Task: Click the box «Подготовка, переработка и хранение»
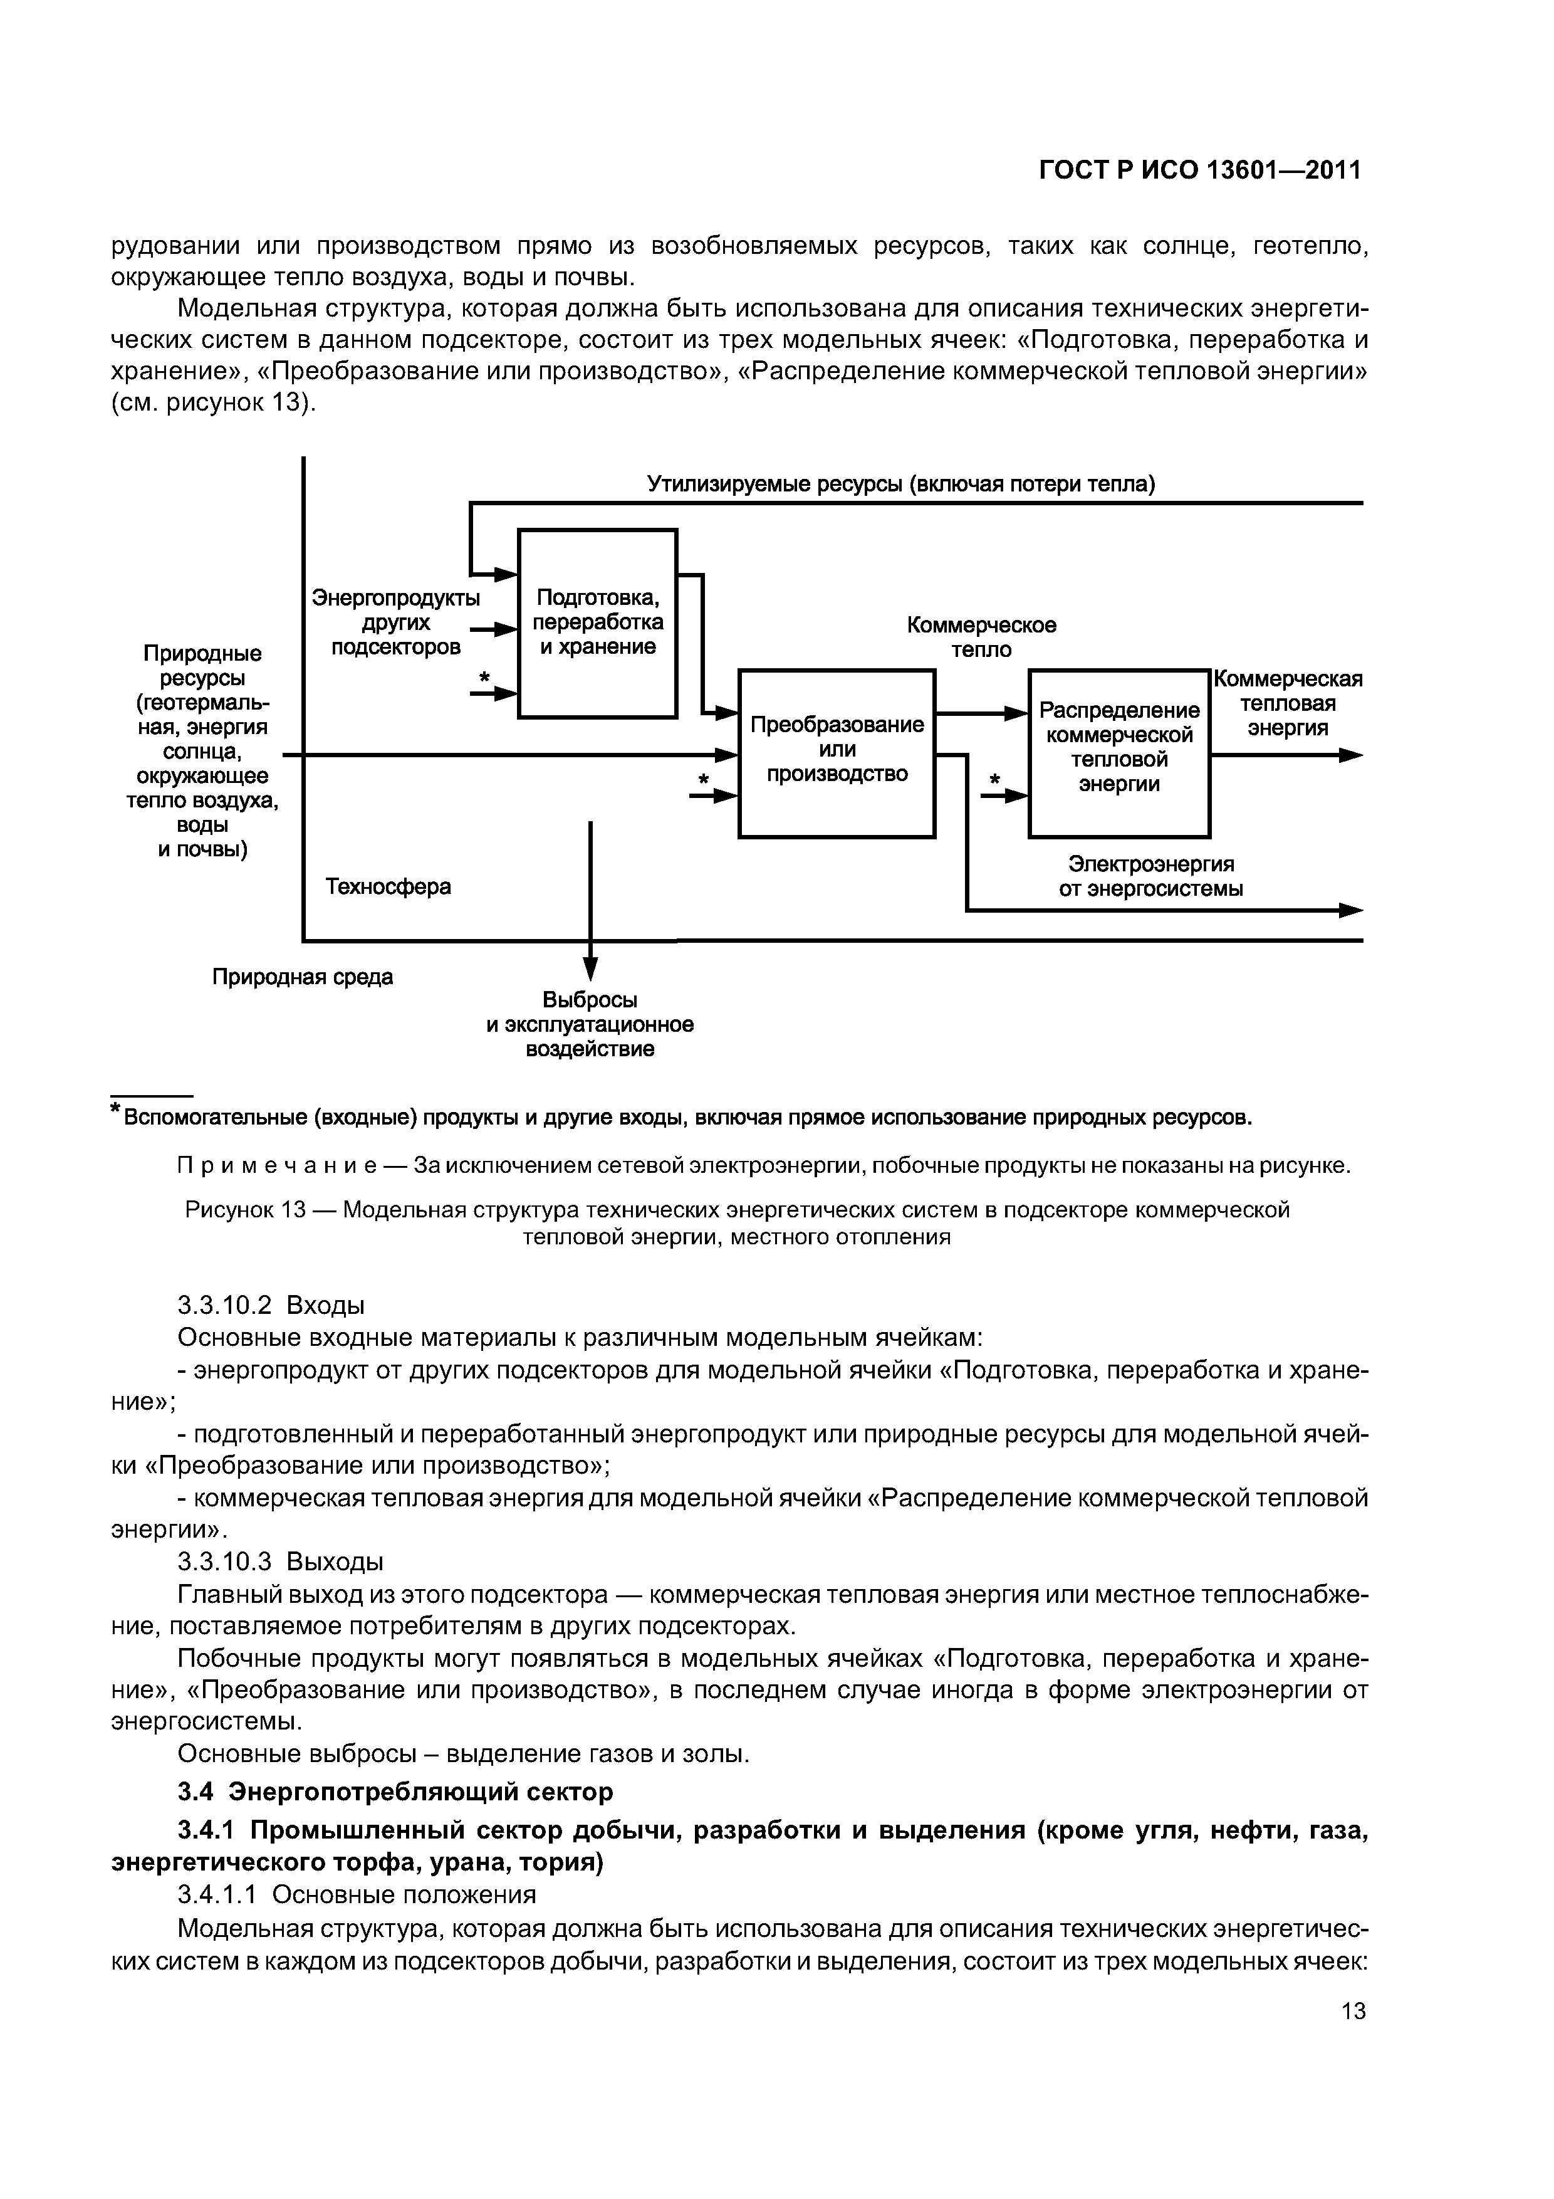(597, 622)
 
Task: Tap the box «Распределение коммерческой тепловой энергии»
(1119, 753)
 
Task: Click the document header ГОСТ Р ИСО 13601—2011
(1200, 171)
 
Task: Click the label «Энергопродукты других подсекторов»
(395, 622)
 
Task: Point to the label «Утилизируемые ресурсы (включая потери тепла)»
(901, 485)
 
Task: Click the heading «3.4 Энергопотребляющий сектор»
(395, 1791)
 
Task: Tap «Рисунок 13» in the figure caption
(244, 1210)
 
